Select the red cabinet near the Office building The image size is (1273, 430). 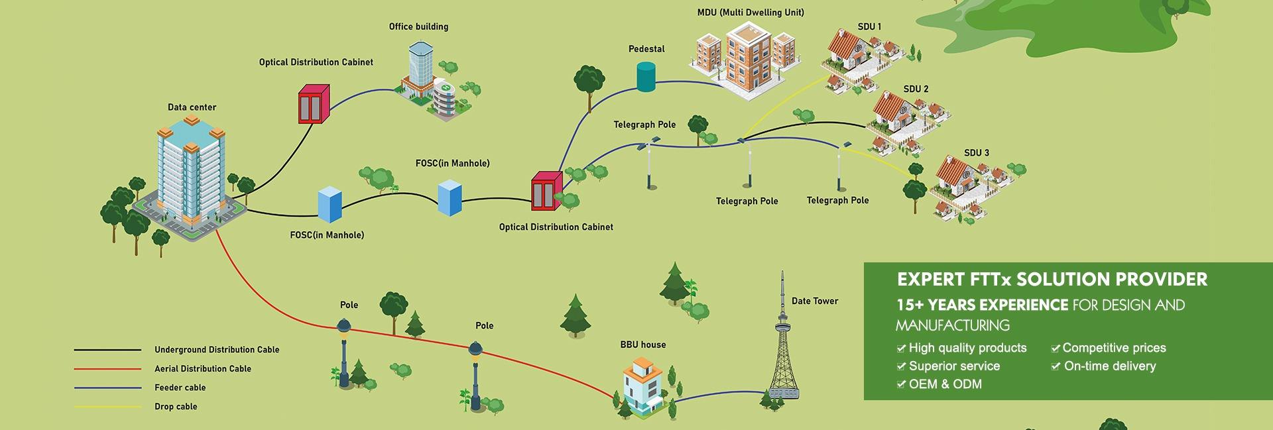pos(313,103)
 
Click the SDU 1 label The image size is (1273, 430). pos(869,27)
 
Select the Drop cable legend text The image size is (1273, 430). pos(176,406)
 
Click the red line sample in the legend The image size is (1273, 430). pos(107,369)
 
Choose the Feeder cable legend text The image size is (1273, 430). pos(180,388)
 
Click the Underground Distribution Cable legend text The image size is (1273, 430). pos(217,350)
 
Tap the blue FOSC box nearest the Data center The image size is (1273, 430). pos(329,203)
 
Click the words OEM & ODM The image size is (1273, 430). pos(945,384)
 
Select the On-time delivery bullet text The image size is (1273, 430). pos(1109,366)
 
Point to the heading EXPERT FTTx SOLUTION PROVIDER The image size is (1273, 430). pos(1052,280)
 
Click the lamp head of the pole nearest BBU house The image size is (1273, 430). pos(475,349)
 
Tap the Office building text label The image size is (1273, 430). pos(418,27)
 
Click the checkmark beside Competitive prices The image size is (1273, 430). pos(1055,349)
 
